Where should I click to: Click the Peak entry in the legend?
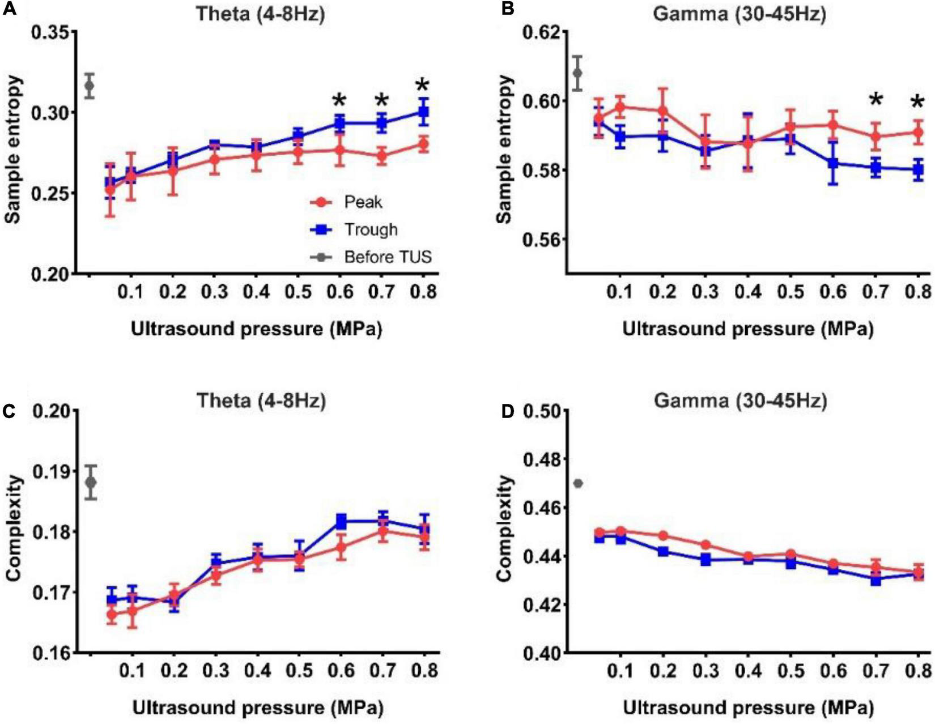(363, 202)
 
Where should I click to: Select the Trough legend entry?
(371, 229)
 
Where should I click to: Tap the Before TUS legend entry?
(388, 257)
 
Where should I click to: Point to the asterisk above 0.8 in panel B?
(917, 103)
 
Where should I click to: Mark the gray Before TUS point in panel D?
(578, 483)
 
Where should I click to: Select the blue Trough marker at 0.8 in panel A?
(423, 112)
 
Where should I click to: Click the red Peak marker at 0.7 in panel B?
(876, 136)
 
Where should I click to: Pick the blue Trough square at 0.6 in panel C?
(341, 521)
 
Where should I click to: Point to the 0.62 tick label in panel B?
(541, 32)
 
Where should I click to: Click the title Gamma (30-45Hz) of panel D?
(740, 401)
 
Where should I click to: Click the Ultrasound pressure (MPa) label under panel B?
(748, 329)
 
